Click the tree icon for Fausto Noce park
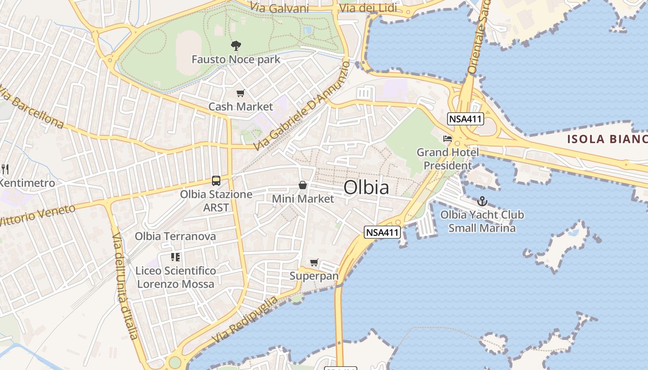(236, 45)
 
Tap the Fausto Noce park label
(236, 60)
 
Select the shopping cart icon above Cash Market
(240, 93)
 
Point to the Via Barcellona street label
(31, 107)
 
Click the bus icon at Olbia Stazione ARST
(216, 181)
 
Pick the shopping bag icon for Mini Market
(303, 185)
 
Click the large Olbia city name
(366, 188)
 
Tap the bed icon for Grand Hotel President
(447, 138)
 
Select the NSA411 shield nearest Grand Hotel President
(466, 119)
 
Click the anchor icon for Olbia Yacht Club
(482, 201)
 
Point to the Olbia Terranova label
(175, 236)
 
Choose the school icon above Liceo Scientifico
(175, 257)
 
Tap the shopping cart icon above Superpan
(314, 263)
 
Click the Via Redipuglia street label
(245, 319)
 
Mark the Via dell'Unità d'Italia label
(125, 286)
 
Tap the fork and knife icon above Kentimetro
(5, 169)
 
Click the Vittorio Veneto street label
(37, 216)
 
